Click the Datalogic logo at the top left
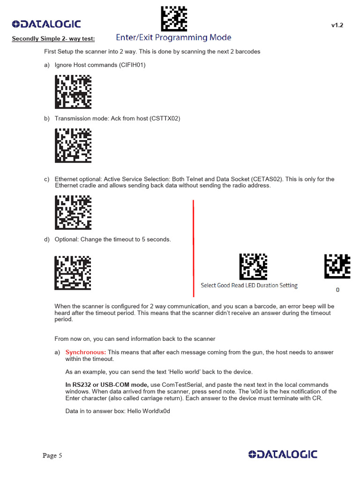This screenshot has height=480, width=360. [x=46, y=24]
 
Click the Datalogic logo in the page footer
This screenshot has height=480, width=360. [x=283, y=454]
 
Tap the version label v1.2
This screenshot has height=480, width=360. [x=337, y=25]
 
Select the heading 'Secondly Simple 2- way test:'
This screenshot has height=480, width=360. [x=53, y=38]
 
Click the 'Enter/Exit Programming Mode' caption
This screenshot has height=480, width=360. [x=173, y=37]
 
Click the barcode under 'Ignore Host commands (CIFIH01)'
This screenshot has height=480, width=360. [x=73, y=92]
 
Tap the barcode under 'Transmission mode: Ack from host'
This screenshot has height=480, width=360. [x=73, y=145]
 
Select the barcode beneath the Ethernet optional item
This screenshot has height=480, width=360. [x=73, y=212]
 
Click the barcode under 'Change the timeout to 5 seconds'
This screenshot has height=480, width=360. [x=73, y=272]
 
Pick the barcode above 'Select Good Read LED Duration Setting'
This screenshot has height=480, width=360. [x=253, y=267]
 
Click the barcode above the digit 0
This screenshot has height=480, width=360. [x=337, y=266]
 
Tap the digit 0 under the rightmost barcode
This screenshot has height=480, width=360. [x=337, y=290]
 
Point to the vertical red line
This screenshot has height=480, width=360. [x=193, y=248]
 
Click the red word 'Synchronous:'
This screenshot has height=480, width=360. [x=86, y=352]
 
